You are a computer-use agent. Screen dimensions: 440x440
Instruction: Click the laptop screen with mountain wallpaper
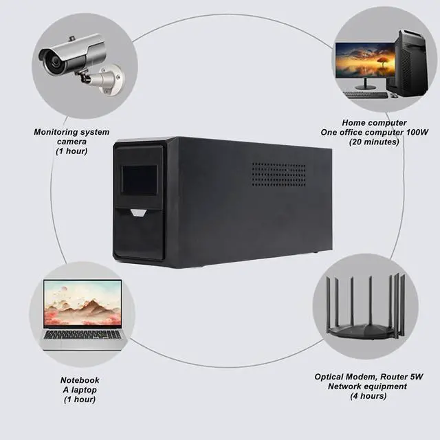(x=81, y=303)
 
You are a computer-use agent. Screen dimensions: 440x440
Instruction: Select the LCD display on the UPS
(x=140, y=180)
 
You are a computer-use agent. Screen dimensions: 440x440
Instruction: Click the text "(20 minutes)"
(x=374, y=142)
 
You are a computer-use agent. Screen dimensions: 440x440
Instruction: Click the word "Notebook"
(x=80, y=380)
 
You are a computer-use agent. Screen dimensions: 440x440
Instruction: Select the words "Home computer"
(x=374, y=122)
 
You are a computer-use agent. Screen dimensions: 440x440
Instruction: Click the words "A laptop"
(x=80, y=390)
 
